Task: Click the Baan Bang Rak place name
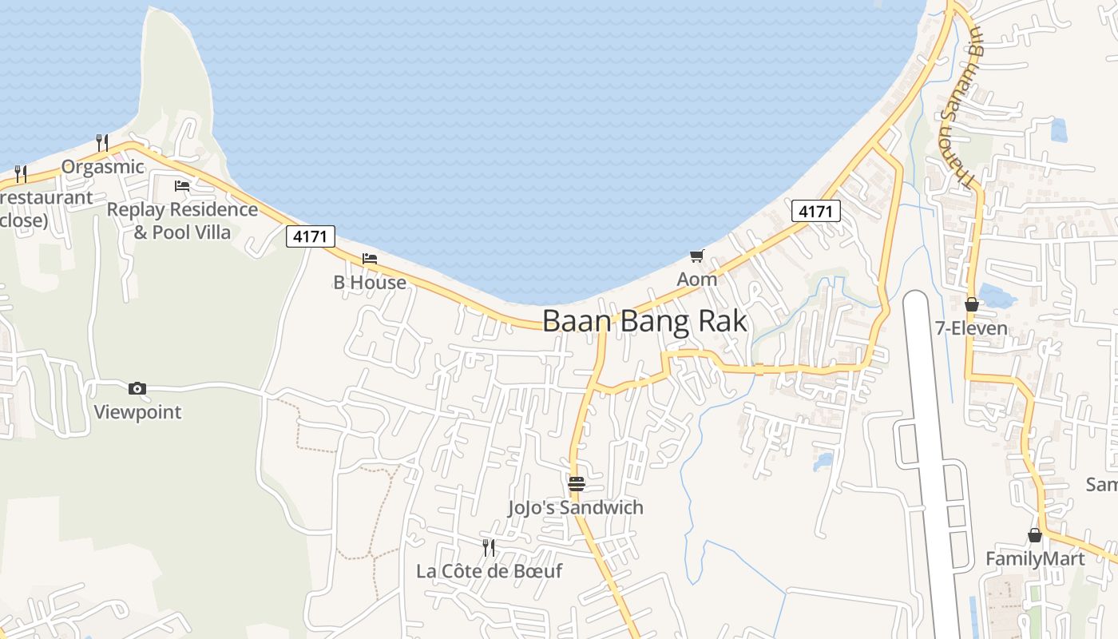click(x=644, y=321)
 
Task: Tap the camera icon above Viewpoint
click(x=137, y=389)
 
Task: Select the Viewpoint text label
click(x=137, y=412)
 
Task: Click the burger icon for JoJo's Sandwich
click(x=576, y=483)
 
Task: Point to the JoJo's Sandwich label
click(x=575, y=507)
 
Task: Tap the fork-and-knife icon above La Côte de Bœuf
click(x=488, y=547)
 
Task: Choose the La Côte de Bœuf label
click(x=489, y=571)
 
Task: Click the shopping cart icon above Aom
click(x=697, y=256)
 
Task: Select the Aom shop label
click(x=696, y=280)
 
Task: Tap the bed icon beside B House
click(x=369, y=259)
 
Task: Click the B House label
click(x=369, y=282)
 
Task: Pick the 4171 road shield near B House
click(x=311, y=236)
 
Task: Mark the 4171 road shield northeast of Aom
click(x=816, y=211)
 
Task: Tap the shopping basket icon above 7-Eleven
click(x=972, y=304)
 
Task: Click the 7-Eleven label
click(x=971, y=328)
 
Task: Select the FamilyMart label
click(x=1035, y=558)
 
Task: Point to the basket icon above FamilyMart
click(x=1035, y=534)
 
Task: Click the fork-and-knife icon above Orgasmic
click(x=102, y=143)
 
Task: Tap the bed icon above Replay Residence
click(x=182, y=186)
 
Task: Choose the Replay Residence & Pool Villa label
click(x=182, y=220)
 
